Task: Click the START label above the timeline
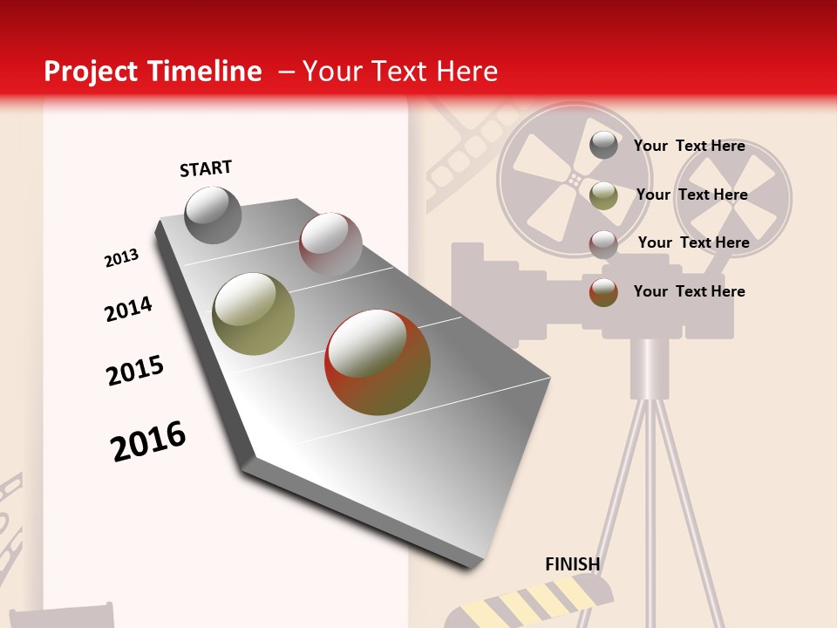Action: tap(206, 168)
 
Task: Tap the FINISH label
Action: tap(572, 564)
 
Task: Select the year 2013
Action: tap(121, 258)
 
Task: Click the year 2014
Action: tap(128, 309)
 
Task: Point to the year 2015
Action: tap(135, 371)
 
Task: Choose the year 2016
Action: tap(148, 440)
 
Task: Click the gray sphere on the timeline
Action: tap(213, 215)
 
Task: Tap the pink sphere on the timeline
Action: tap(330, 243)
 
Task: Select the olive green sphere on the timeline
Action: tap(253, 313)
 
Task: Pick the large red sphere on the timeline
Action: tap(378, 361)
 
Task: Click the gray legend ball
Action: tap(603, 145)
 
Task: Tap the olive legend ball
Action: tap(603, 195)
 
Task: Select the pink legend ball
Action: tap(603, 243)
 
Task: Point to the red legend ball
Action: tap(603, 291)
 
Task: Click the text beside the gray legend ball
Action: tap(689, 146)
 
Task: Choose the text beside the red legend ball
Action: tap(689, 291)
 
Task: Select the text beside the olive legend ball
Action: tap(691, 195)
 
